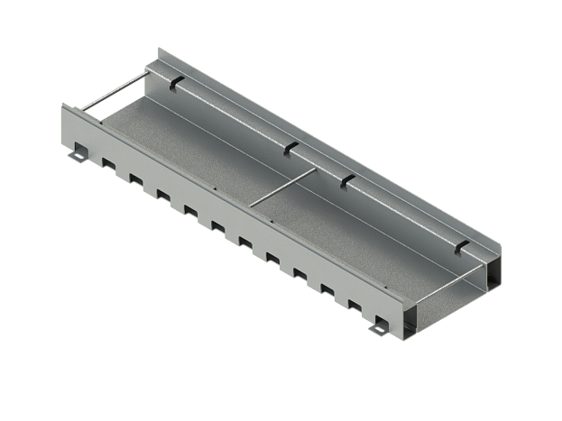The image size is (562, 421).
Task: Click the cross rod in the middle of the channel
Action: pyautogui.click(x=280, y=189)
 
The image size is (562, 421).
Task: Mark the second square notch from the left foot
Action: pyautogui.click(x=134, y=178)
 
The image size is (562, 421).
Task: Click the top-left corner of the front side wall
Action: pyautogui.click(x=61, y=105)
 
